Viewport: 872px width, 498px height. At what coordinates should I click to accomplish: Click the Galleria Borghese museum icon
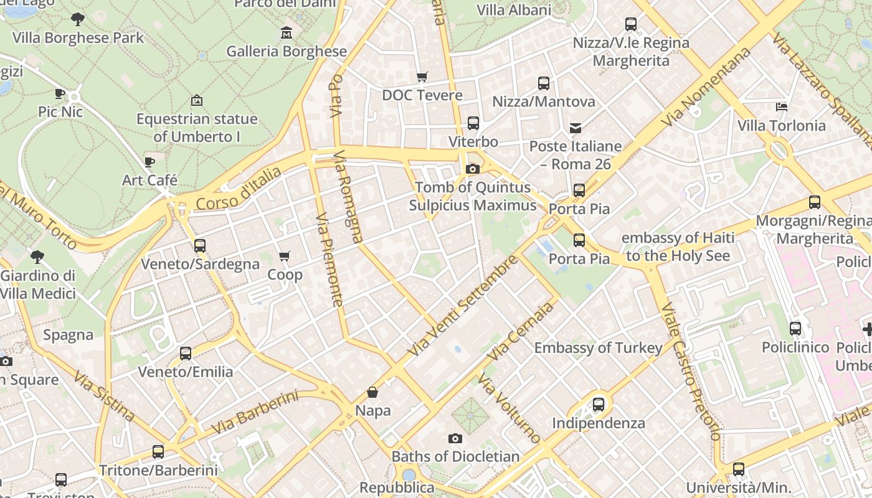pos(287,32)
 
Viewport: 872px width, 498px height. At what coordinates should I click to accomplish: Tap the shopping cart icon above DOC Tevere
pos(422,77)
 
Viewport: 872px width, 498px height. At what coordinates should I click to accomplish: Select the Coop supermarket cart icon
pos(285,256)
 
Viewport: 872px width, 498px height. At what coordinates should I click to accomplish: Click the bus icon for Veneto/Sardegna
pos(200,246)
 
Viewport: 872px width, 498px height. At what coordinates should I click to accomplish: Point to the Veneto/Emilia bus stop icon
pos(186,354)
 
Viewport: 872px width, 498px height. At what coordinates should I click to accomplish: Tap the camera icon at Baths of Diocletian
pos(455,438)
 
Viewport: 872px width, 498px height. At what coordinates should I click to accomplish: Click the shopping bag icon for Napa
pos(372,392)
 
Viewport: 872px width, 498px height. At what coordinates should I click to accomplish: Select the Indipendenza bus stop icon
pos(599,405)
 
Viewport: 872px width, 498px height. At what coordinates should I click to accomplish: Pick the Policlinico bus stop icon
pos(795,329)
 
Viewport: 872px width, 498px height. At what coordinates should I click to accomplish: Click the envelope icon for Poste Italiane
pos(576,128)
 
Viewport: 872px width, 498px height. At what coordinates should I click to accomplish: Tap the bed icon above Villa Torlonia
pos(782,107)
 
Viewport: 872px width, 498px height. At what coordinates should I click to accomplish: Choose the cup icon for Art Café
pos(149,162)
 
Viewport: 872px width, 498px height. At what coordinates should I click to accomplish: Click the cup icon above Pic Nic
pos(60,94)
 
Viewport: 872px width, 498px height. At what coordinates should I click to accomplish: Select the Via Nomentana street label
pos(706,87)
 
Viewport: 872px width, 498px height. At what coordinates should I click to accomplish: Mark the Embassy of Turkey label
pos(598,348)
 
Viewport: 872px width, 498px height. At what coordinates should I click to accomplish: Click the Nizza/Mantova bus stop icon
pos(544,83)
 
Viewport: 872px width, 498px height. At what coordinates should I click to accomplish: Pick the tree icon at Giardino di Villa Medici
pos(37,257)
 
